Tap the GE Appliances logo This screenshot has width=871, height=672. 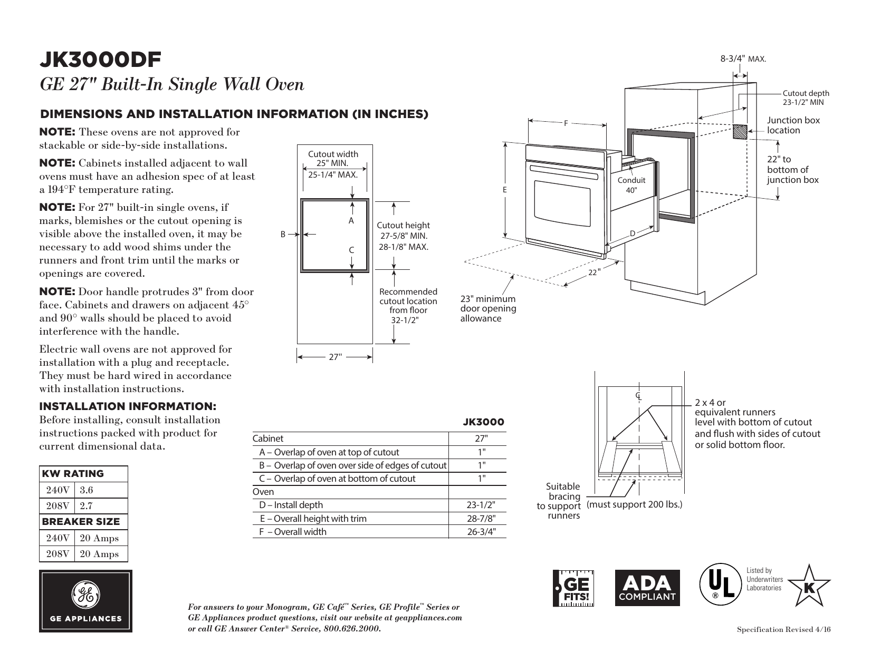point(85,601)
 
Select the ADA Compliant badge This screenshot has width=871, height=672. point(646,588)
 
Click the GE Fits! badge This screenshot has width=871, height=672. point(573,588)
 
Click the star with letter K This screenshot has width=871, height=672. point(809,586)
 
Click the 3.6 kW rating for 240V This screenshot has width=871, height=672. point(87,490)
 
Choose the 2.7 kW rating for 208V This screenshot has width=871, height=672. point(87,506)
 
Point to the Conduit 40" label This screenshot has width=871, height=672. point(631,185)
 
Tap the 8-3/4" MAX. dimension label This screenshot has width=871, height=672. point(743,59)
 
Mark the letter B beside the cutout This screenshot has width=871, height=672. point(283,235)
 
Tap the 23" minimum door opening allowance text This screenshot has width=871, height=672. point(488,309)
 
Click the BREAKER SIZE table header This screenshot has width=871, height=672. point(81,522)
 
